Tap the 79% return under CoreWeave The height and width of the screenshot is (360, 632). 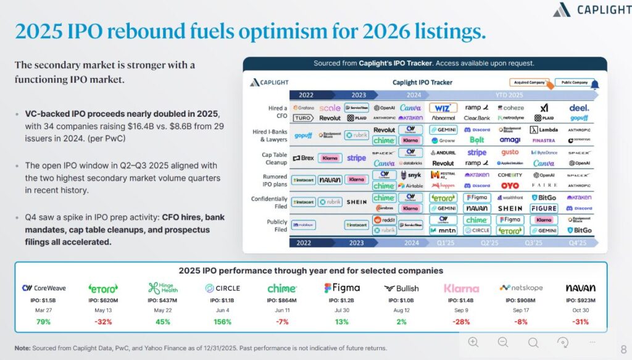(43, 321)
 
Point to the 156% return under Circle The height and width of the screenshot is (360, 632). (222, 321)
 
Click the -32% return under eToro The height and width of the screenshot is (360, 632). (103, 321)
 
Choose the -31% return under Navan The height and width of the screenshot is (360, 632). (580, 321)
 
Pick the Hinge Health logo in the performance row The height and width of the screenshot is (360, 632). (162, 288)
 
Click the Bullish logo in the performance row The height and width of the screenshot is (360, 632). (401, 288)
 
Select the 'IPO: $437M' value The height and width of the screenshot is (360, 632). (162, 300)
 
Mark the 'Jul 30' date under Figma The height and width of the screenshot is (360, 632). (341, 311)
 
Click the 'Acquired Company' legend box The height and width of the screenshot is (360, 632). (530, 82)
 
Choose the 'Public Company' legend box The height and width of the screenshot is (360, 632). (575, 82)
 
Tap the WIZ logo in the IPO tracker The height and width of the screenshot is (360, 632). (443, 107)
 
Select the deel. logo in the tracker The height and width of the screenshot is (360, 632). (579, 107)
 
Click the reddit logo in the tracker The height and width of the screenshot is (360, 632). (385, 220)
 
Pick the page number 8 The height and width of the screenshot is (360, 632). (623, 349)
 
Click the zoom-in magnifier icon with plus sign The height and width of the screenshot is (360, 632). (473, 342)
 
